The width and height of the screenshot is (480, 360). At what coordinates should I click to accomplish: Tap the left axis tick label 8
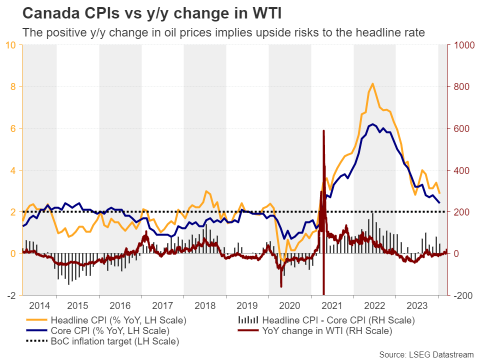(13, 86)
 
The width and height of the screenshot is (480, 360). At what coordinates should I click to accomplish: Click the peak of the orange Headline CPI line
(372, 83)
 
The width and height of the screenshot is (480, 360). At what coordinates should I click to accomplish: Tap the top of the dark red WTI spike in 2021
(323, 131)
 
